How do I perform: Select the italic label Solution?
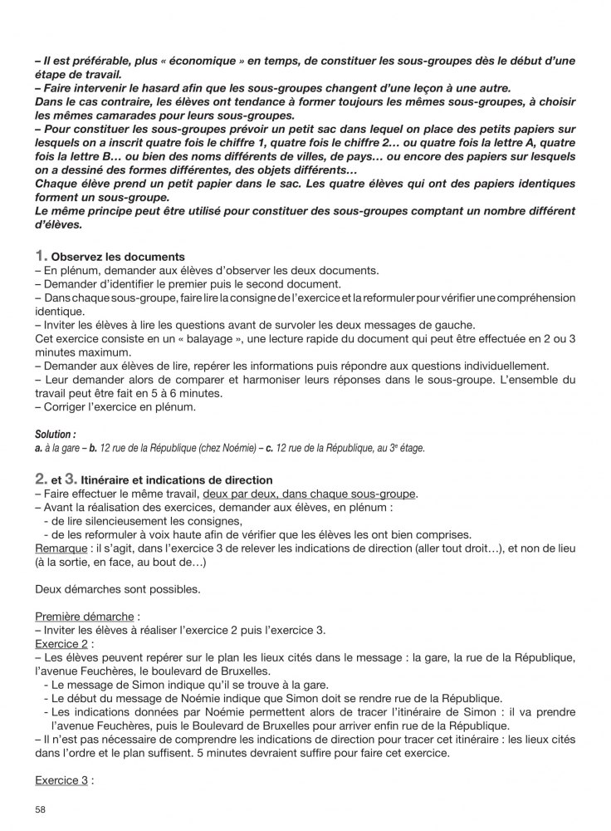(55, 434)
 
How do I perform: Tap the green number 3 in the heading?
(81, 479)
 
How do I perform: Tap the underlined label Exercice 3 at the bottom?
(61, 781)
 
